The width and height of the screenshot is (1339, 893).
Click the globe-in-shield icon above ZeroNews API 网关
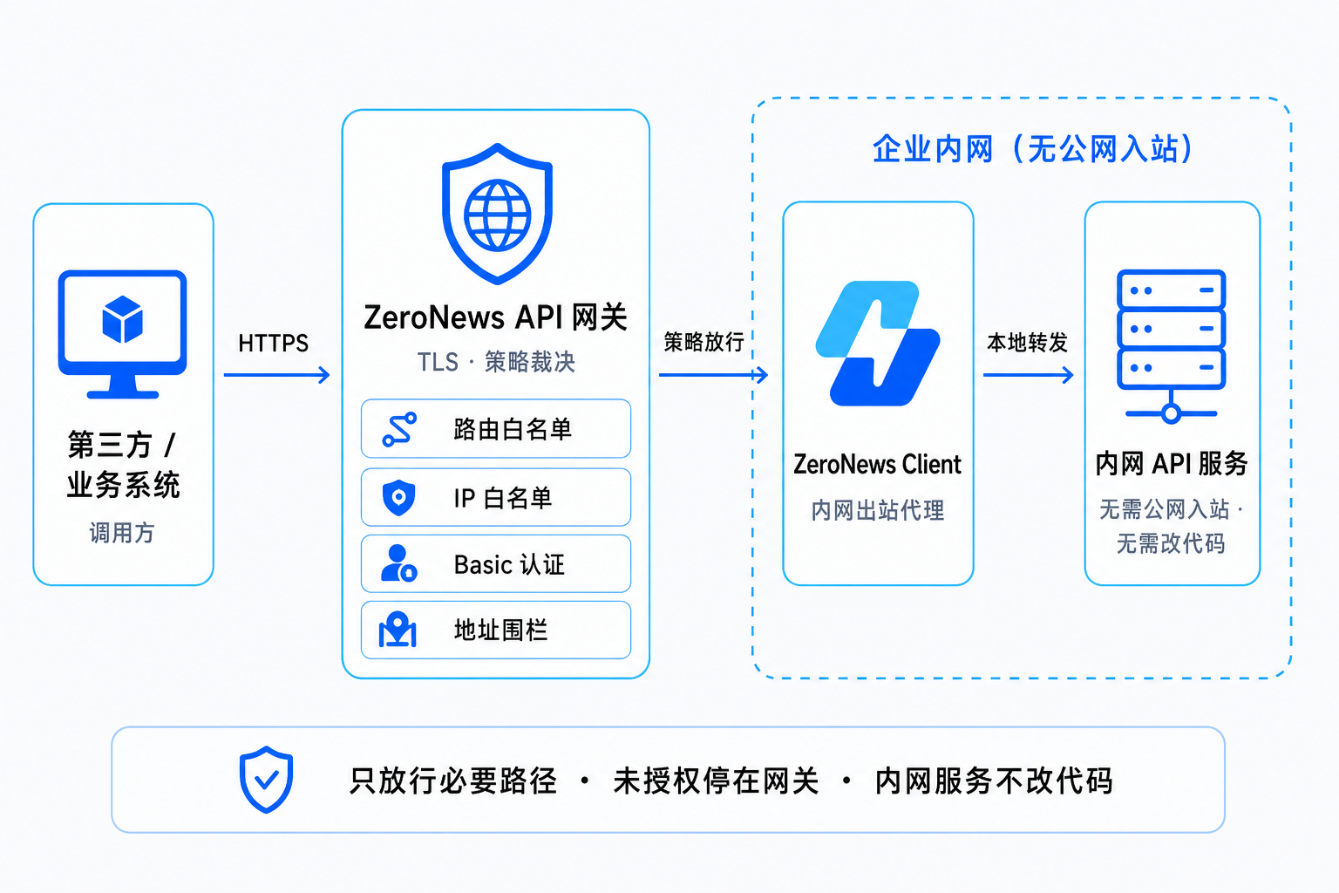point(497,214)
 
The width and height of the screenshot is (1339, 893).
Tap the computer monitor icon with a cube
point(123,334)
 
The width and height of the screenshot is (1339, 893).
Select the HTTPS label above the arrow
point(273,344)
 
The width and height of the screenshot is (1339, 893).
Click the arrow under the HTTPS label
point(276,375)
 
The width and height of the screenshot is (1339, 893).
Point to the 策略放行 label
point(703,342)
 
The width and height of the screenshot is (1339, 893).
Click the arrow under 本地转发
point(1028,375)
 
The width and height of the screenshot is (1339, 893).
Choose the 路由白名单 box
point(495,428)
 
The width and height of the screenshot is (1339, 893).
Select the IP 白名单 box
point(495,497)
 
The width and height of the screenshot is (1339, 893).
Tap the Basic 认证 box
point(495,563)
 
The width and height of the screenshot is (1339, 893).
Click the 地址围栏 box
point(495,630)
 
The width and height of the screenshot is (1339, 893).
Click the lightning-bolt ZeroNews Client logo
point(878,344)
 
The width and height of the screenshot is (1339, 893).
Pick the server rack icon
point(1171,346)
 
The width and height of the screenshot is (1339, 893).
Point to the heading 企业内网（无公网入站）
point(1033,149)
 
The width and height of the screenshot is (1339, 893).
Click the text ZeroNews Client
point(878,464)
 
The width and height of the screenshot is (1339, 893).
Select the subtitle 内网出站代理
point(878,510)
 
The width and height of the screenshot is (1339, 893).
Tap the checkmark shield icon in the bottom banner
point(266,780)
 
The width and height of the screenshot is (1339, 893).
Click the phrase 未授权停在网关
point(716,781)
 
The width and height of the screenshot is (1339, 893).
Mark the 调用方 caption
point(122,532)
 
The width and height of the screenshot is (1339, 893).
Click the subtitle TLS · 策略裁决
point(495,362)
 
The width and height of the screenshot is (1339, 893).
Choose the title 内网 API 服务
point(1171,464)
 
